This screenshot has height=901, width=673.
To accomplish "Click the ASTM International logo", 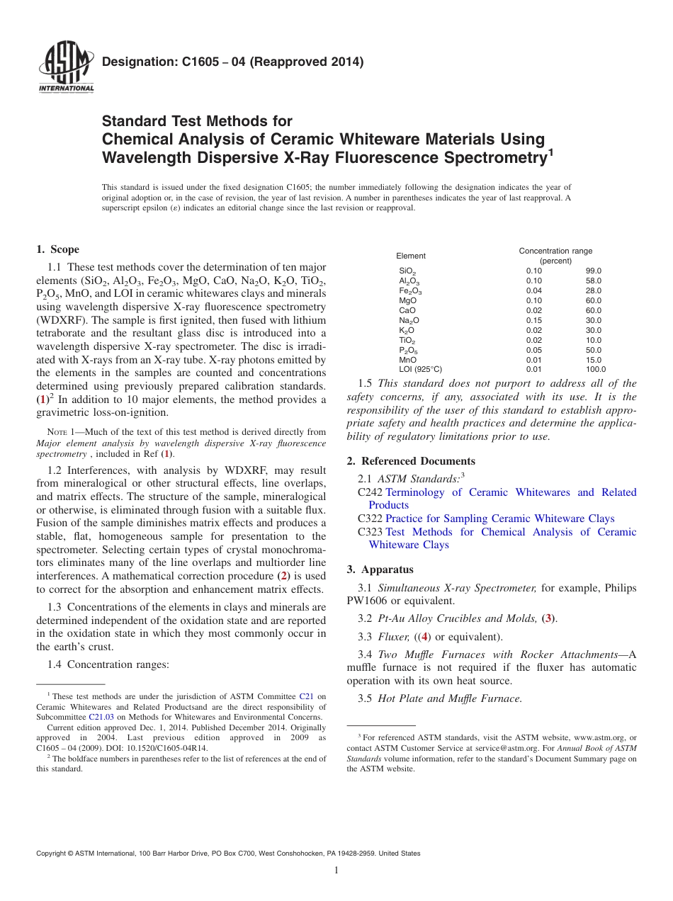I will click(x=65, y=67).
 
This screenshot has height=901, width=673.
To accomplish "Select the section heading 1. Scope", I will click(x=57, y=249).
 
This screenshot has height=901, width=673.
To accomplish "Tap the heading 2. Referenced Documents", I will click(x=411, y=461).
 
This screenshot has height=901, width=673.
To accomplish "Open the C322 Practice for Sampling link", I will click(x=499, y=518).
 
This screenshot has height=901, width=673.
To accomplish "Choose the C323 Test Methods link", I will click(x=510, y=532).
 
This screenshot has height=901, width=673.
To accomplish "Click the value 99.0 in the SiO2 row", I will click(x=593, y=271).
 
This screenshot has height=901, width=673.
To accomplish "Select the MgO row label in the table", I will click(x=408, y=300).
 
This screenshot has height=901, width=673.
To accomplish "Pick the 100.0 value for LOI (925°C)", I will click(x=595, y=369).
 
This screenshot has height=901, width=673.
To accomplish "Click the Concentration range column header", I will click(x=555, y=251).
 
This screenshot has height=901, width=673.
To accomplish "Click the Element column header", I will click(x=411, y=256).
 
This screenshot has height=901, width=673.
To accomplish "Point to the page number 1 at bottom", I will click(x=336, y=871).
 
